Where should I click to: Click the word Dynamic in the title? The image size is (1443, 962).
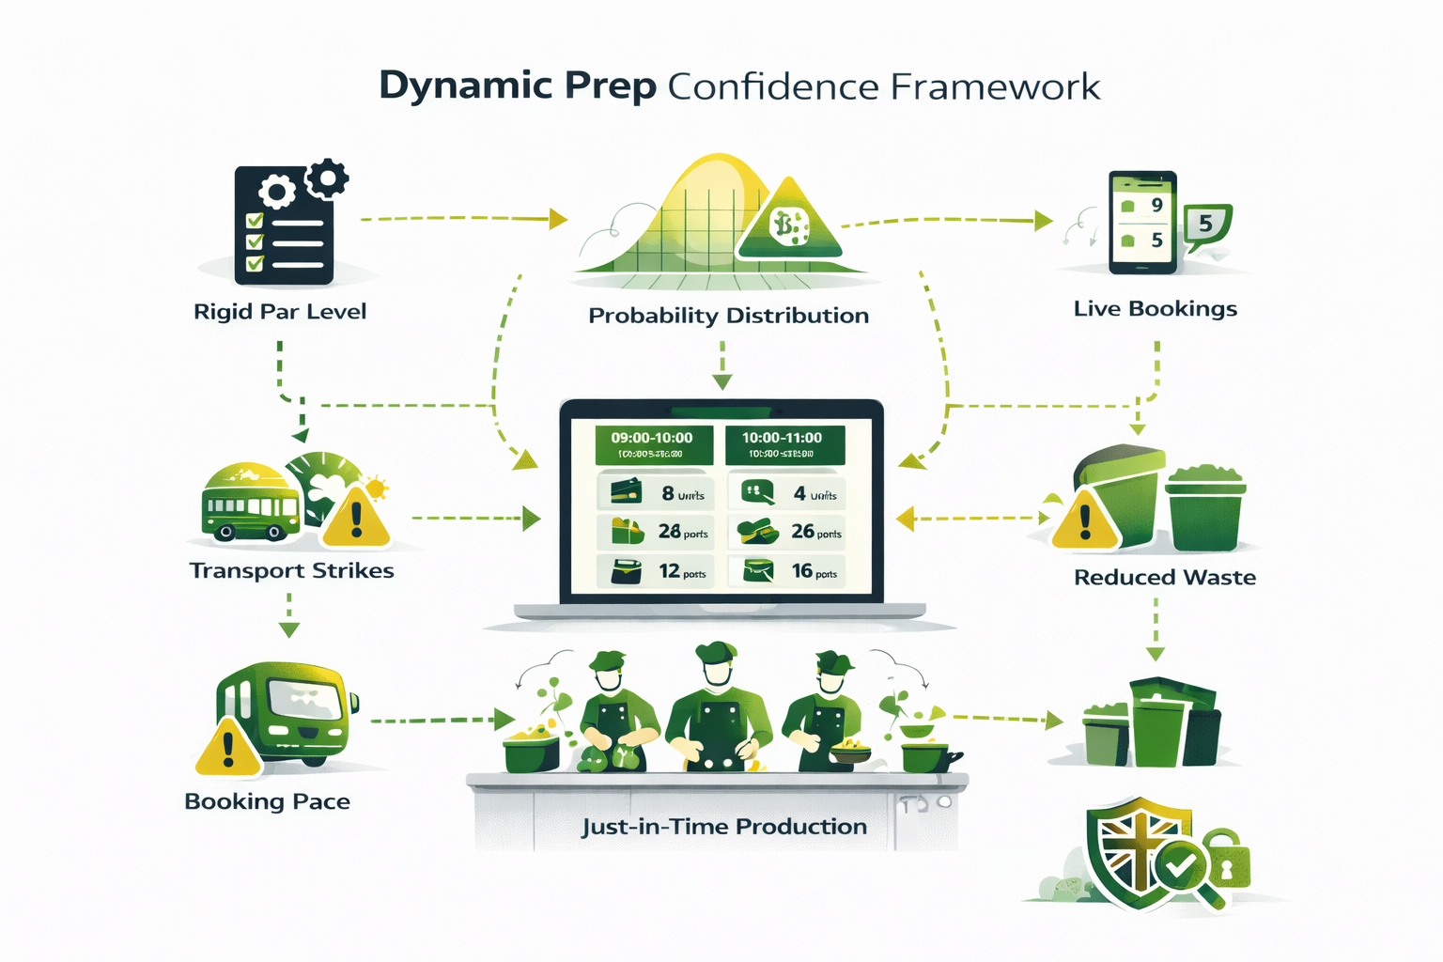coord(465,85)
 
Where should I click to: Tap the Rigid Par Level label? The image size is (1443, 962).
coord(280,312)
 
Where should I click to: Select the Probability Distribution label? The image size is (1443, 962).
coord(728,316)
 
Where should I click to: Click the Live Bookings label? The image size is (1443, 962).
coord(1155,309)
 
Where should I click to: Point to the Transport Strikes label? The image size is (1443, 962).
coord(291,571)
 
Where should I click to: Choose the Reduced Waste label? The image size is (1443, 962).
coord(1164,578)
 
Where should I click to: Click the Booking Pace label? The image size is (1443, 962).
coord(267,801)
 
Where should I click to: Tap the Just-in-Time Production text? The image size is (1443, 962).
coord(723,827)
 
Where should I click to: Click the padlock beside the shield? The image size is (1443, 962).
coord(1226,860)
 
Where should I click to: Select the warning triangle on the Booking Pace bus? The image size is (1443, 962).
coord(228,749)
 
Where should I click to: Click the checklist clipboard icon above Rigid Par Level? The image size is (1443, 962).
coord(284,225)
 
